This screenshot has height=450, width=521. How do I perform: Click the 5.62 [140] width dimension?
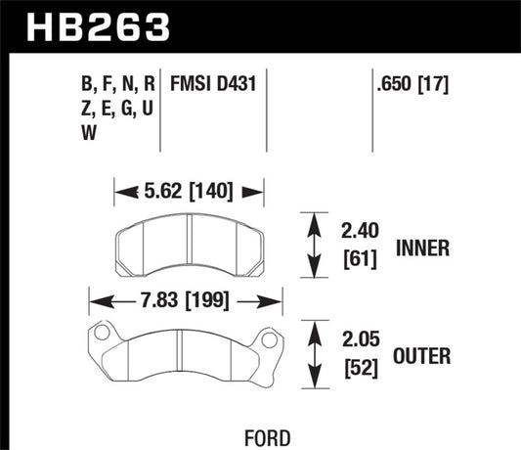pyautogui.click(x=190, y=192)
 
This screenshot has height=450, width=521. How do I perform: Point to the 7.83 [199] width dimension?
pyautogui.click(x=186, y=300)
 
